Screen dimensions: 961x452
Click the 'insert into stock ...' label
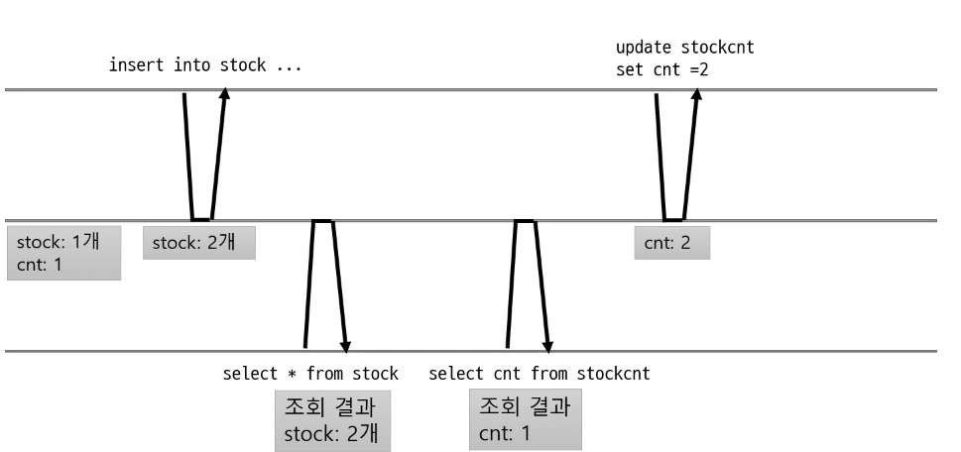(204, 66)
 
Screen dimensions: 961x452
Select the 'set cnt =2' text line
(662, 70)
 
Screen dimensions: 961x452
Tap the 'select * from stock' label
(310, 374)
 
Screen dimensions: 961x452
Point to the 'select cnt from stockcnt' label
(539, 374)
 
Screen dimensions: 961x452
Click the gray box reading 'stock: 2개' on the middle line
(198, 243)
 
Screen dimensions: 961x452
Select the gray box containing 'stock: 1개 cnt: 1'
(63, 252)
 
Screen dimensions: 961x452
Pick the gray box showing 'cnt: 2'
(672, 243)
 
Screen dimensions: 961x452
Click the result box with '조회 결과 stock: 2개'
(332, 420)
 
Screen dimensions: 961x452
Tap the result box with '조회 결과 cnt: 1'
(525, 420)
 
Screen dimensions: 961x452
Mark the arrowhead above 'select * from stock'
(345, 345)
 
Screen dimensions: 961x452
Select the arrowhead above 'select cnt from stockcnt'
(547, 345)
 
